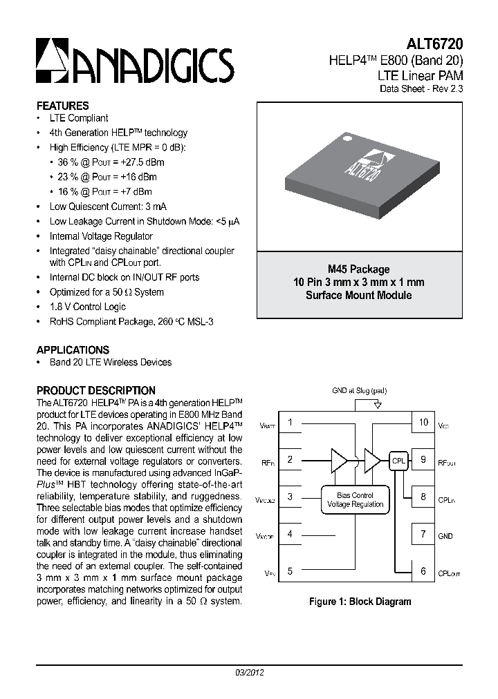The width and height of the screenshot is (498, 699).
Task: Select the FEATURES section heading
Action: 62,106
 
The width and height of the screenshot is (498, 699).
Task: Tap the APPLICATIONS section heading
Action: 73,349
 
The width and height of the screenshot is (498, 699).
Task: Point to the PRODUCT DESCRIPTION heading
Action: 95,390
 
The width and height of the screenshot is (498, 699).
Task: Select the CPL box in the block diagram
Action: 398,461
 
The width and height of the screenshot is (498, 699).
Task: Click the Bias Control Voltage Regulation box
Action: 354,500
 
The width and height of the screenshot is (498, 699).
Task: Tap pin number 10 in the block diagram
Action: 423,422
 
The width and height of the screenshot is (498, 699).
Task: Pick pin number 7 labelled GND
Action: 423,534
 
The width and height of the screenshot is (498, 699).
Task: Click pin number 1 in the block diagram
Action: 290,422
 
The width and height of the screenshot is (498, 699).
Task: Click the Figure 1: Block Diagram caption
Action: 360,602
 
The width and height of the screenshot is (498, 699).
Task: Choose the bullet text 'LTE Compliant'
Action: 79,118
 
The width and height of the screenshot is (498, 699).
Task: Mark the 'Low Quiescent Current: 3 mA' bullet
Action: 108,207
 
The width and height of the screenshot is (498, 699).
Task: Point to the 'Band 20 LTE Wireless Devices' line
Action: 110,362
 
